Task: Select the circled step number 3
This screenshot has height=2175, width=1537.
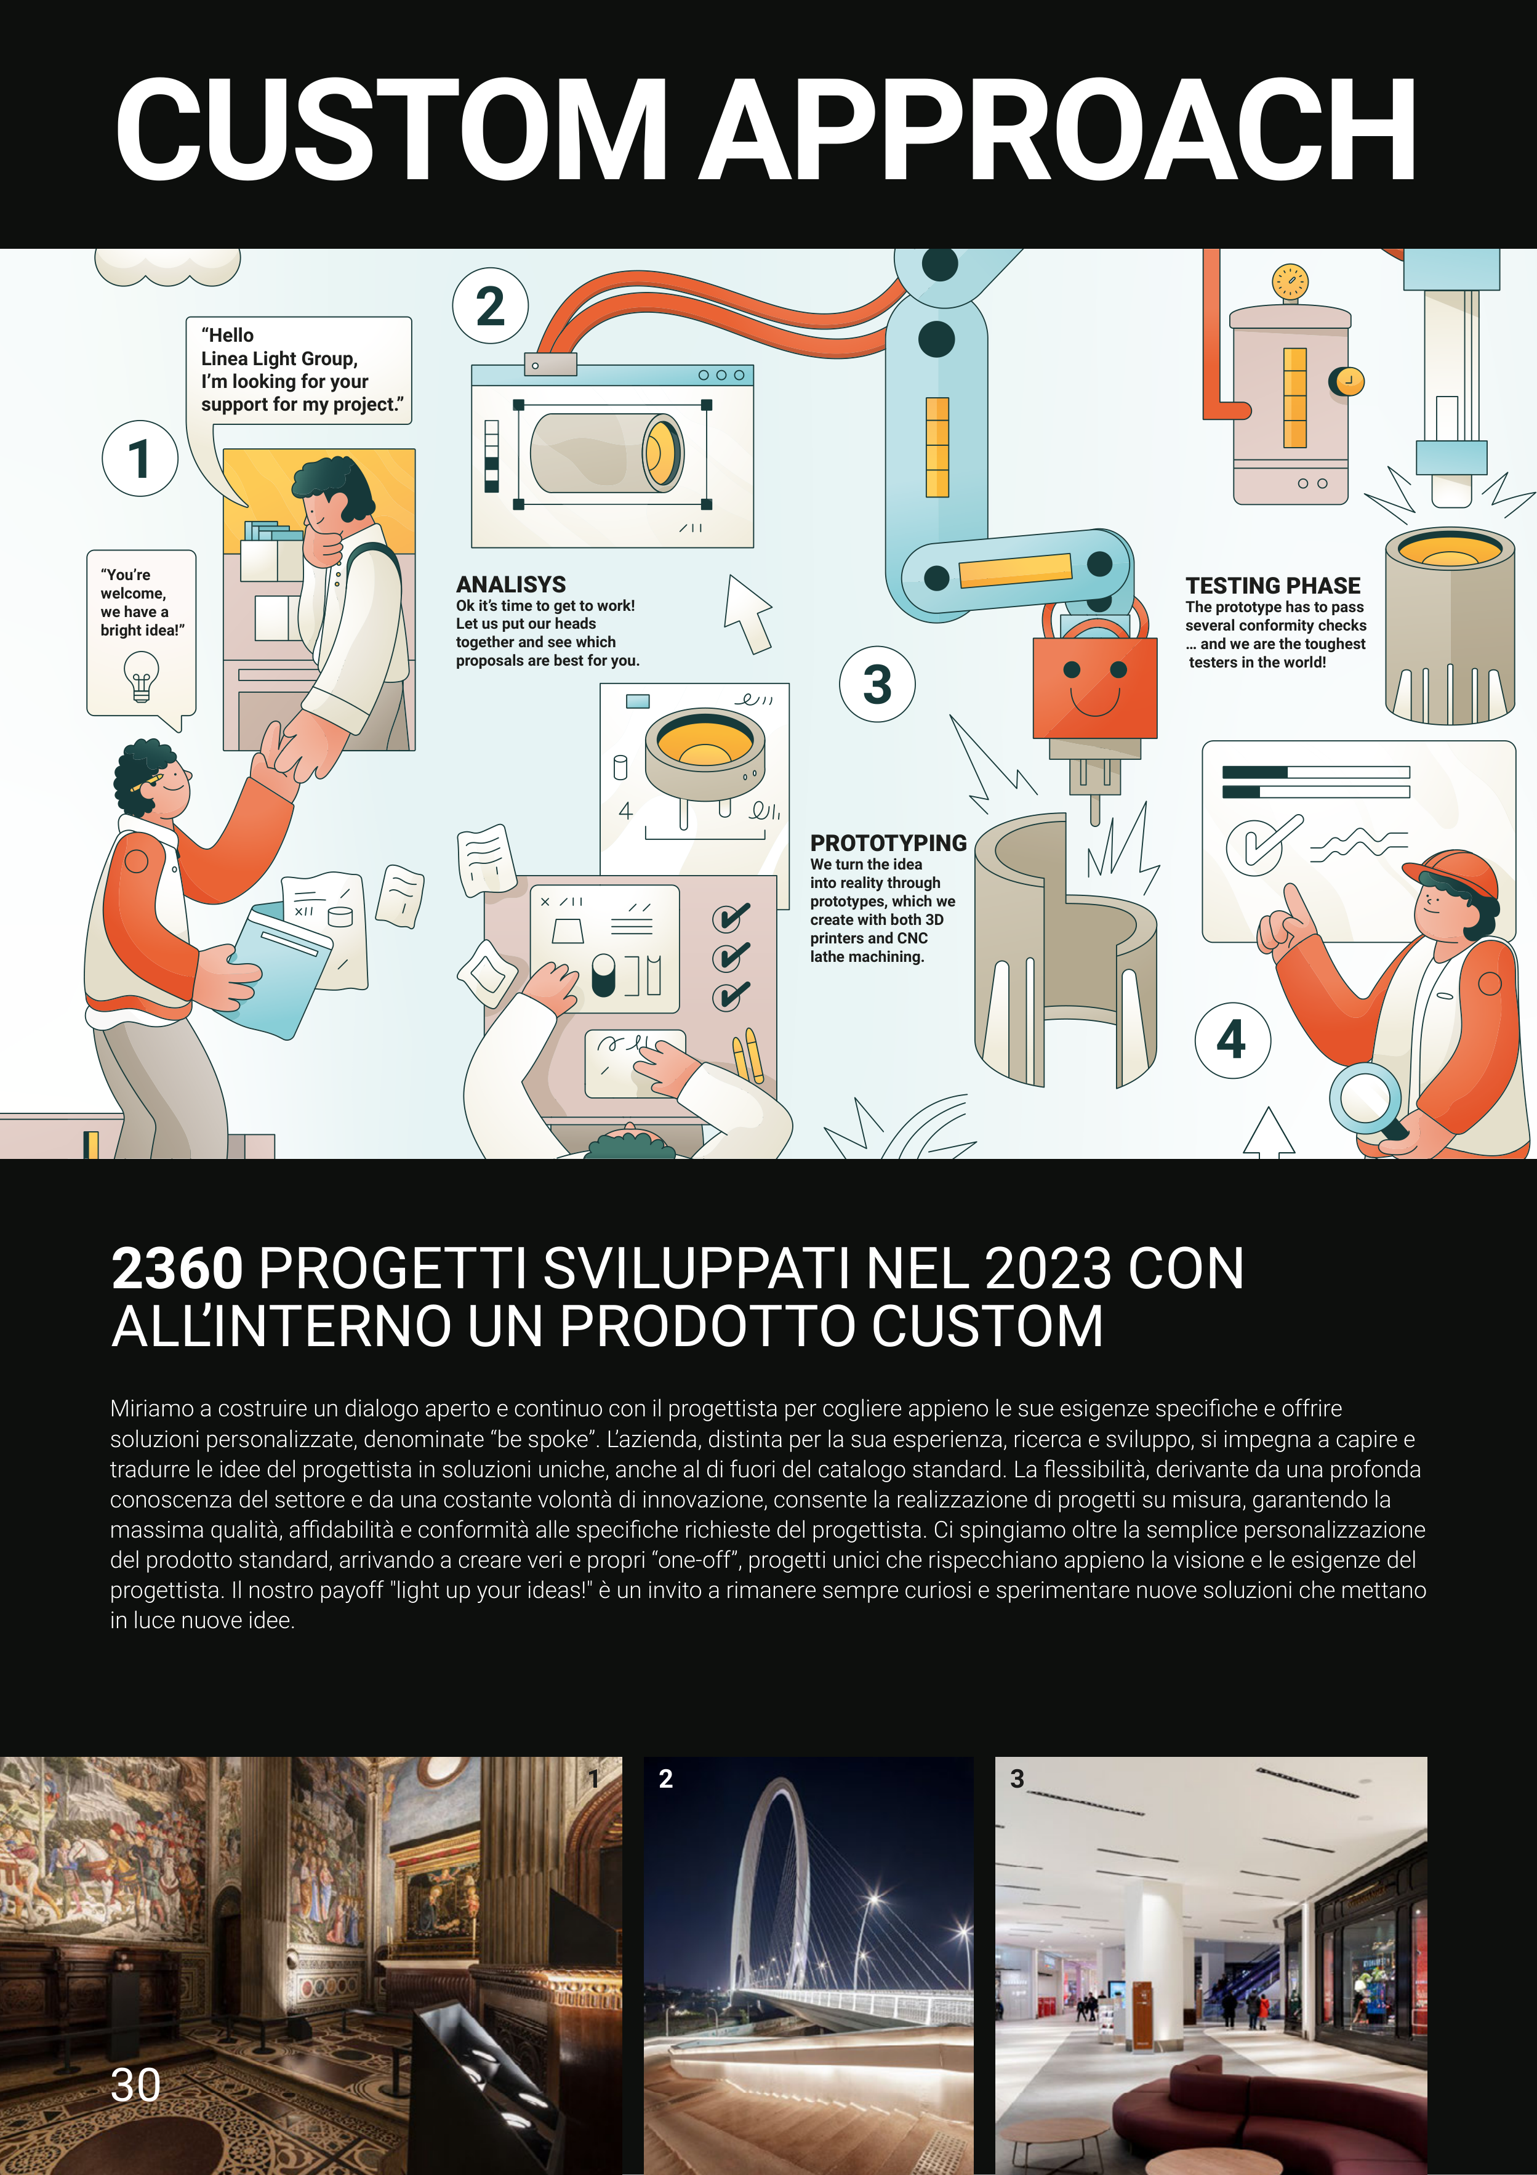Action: (878, 684)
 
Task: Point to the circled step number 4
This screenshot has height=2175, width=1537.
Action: (1232, 1040)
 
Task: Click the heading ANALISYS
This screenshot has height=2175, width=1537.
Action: (512, 584)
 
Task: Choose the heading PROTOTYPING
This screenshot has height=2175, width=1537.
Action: (888, 843)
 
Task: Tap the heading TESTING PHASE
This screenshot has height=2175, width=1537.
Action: (1273, 586)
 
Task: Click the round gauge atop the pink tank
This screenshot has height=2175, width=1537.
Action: (1290, 282)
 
